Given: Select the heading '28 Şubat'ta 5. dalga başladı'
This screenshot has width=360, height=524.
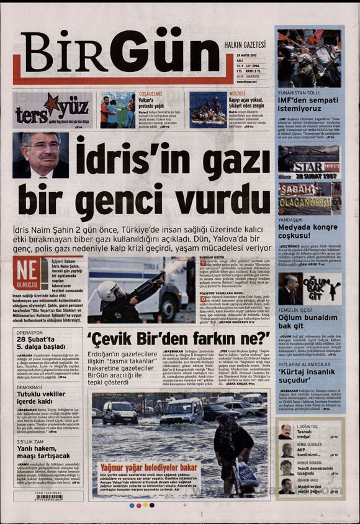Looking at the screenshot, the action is coord(40,344).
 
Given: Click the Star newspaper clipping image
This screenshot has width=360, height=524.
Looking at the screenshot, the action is coord(308,168).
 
